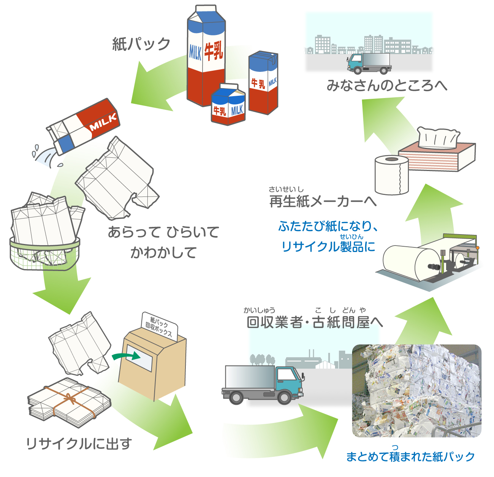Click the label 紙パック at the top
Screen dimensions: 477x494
[141, 44]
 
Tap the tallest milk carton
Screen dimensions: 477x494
[205, 57]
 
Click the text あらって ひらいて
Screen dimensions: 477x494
[163, 232]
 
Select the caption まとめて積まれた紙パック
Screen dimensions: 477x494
[410, 456]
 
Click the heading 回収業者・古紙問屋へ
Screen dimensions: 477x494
[315, 322]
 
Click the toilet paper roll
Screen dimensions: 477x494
[391, 175]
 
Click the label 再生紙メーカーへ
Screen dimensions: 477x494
[323, 201]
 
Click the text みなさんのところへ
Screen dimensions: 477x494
[387, 86]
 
